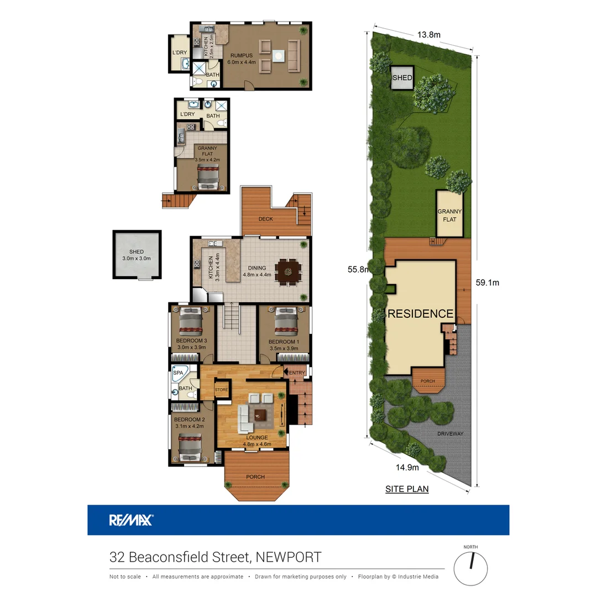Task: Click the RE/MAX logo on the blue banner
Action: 131,520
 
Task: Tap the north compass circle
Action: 471,567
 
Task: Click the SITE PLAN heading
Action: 407,489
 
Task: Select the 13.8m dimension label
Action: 428,35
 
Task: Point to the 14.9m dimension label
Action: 408,467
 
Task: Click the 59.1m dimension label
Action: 488,282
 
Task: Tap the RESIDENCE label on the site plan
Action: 420,313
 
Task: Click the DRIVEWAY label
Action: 450,433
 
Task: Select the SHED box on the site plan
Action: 402,78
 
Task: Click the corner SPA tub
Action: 180,376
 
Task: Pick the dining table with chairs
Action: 289,271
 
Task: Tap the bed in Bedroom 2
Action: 190,446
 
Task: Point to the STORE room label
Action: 222,390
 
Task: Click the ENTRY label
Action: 297,373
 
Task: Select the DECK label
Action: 266,219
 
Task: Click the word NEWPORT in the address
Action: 287,557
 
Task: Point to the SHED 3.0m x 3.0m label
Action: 137,255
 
